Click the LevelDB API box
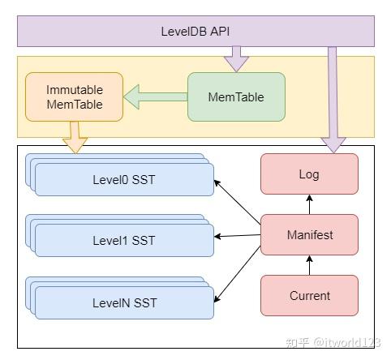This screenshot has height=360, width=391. tap(195, 31)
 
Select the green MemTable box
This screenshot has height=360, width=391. tap(236, 97)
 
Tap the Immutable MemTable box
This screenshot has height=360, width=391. tap(74, 96)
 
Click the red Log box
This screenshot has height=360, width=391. tap(309, 174)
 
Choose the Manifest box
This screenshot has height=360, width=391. tap(309, 235)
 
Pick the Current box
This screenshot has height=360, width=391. tap(309, 295)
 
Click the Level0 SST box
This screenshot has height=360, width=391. tap(123, 180)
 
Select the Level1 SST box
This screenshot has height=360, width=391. tap(123, 241)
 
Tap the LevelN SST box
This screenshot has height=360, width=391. tap(123, 302)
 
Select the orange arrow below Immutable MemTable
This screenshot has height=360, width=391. tap(75, 136)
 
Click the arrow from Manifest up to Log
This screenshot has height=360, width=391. tap(309, 204)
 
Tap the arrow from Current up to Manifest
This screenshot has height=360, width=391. tap(309, 265)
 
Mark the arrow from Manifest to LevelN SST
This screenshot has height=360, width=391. tap(238, 265)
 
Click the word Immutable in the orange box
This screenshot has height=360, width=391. tap(74, 89)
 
